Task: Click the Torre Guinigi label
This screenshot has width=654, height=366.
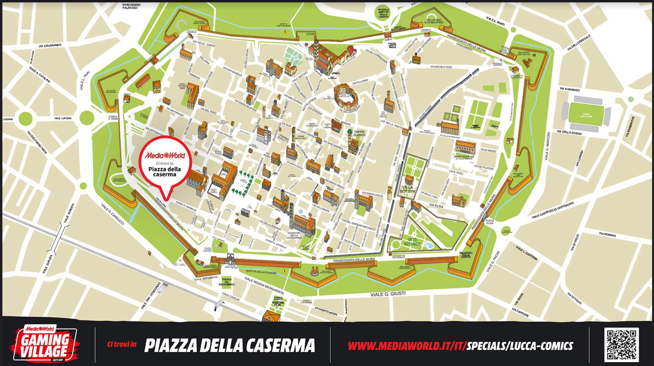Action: pyautogui.click(x=359, y=134)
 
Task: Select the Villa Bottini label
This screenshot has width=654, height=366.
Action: pyautogui.click(x=407, y=189)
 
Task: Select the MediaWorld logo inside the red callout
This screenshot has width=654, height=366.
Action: pyautogui.click(x=165, y=155)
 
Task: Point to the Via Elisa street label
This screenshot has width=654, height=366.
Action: pyautogui.click(x=436, y=206)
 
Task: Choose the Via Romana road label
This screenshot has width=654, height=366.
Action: pyautogui.click(x=607, y=234)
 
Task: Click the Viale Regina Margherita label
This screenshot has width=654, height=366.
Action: pyautogui.click(x=264, y=285)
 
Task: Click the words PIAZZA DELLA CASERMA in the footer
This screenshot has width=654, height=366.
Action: pyautogui.click(x=230, y=346)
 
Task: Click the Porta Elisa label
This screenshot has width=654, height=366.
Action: pyautogui.click(x=490, y=222)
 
